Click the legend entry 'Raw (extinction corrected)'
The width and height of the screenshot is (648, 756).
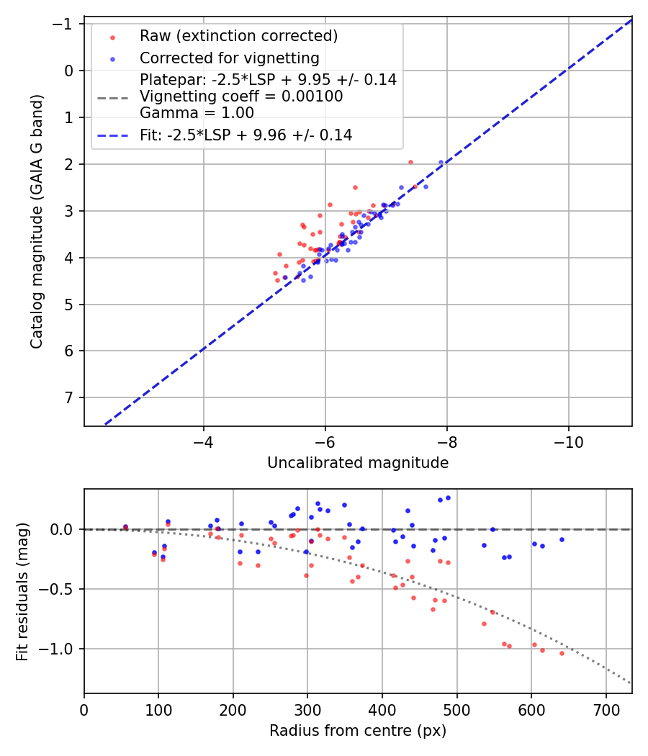pyautogui.click(x=238, y=36)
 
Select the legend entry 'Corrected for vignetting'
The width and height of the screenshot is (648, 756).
pyautogui.click(x=229, y=58)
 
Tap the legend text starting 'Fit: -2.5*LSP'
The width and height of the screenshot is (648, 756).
pyautogui.click(x=246, y=135)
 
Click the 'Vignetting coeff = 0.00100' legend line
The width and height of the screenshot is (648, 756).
pyautogui.click(x=241, y=96)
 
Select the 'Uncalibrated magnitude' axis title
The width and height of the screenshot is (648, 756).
pyautogui.click(x=358, y=463)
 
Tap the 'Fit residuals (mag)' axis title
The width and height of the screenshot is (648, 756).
pyautogui.click(x=22, y=591)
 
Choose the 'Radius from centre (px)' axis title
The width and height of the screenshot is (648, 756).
pyautogui.click(x=358, y=731)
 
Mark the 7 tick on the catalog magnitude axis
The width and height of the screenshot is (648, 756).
pyautogui.click(x=69, y=397)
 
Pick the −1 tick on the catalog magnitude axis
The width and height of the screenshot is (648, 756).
pyautogui.click(x=65, y=24)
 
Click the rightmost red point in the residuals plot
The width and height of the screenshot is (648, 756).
pyautogui.click(x=562, y=653)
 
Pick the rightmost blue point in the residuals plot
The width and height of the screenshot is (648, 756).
pyautogui.click(x=562, y=539)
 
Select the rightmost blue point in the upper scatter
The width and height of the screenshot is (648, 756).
pyautogui.click(x=441, y=163)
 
